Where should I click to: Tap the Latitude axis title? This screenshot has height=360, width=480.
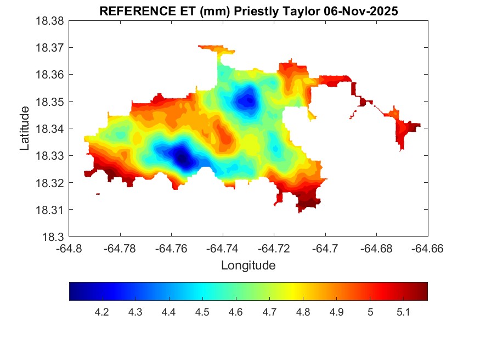(25, 129)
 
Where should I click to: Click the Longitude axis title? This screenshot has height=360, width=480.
(248, 266)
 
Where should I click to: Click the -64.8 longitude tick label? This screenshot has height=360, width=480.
(69, 249)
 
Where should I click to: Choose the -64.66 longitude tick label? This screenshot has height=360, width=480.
(427, 249)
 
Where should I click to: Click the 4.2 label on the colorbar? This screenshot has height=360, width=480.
(102, 312)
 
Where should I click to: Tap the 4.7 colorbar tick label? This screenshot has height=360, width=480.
(269, 312)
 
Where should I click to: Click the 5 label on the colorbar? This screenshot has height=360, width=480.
(370, 312)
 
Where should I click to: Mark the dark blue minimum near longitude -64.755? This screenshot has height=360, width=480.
(182, 159)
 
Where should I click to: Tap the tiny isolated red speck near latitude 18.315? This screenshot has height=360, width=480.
(98, 194)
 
